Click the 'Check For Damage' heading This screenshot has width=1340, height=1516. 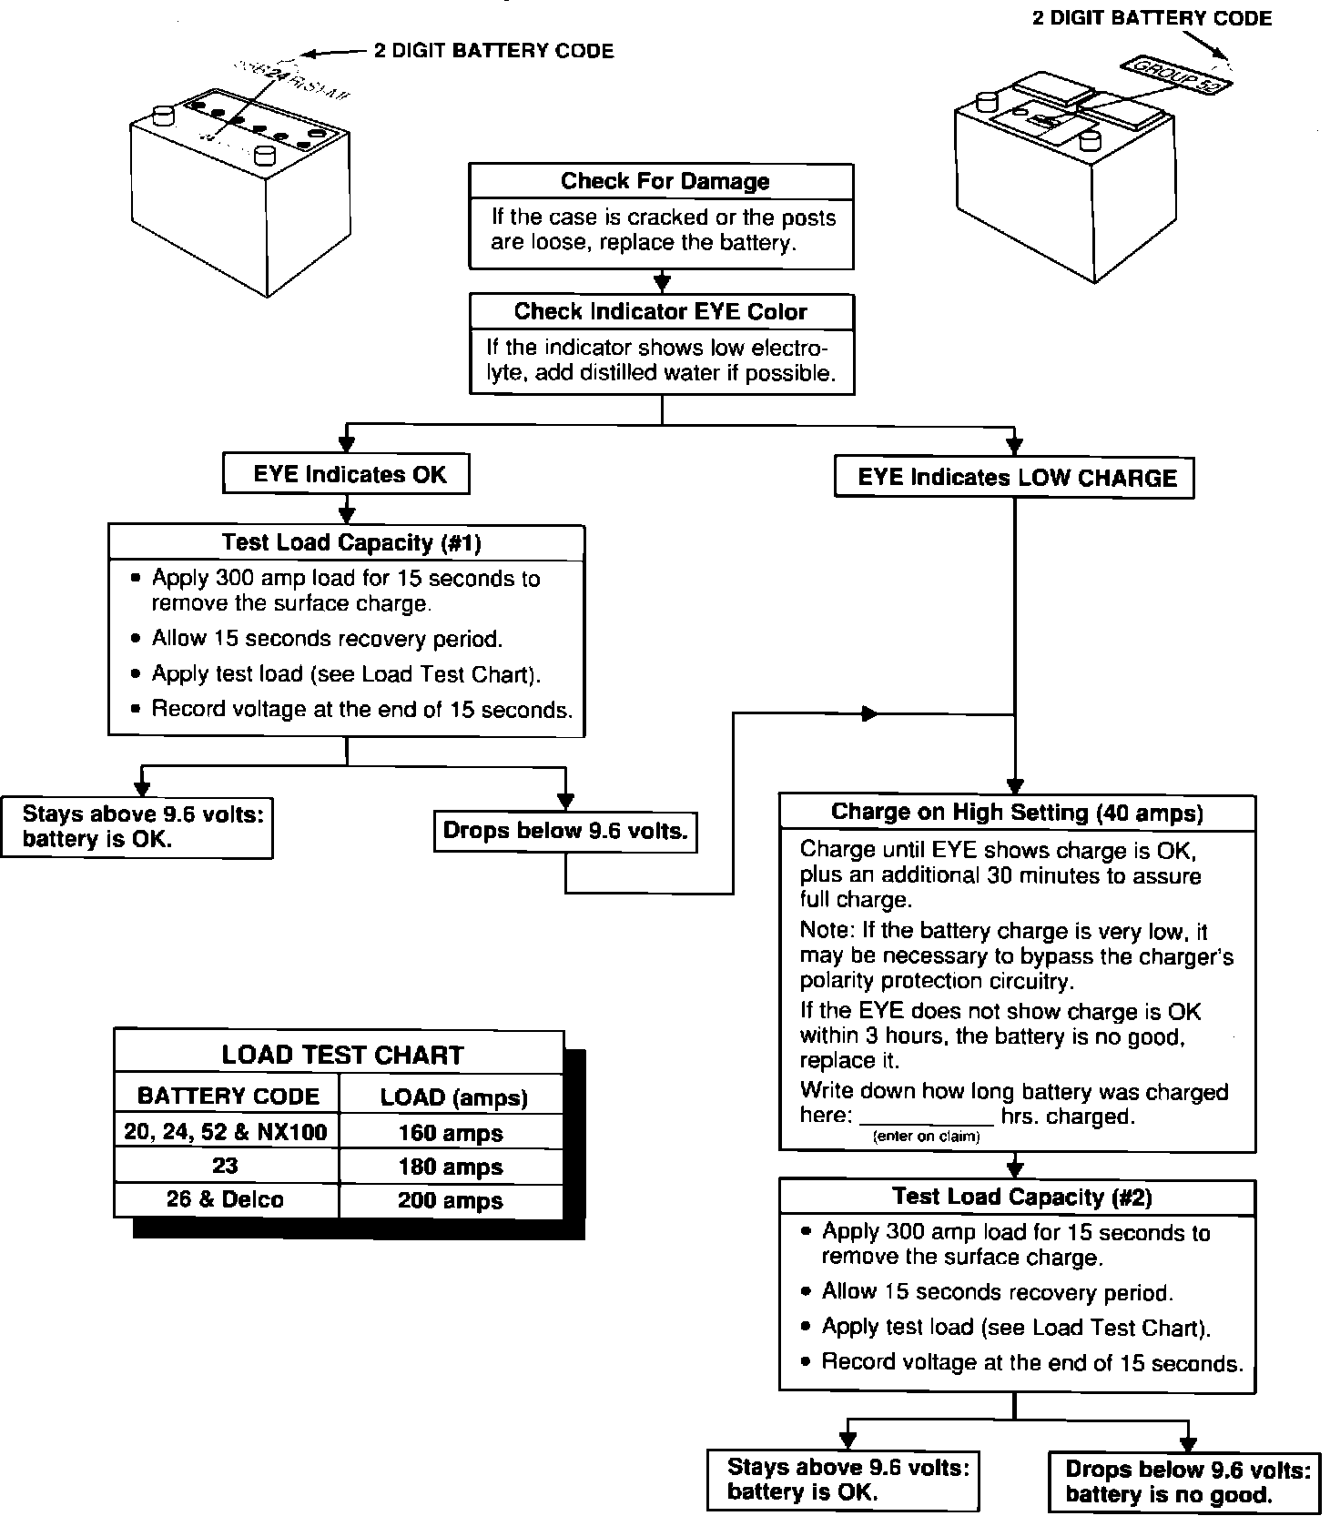(665, 181)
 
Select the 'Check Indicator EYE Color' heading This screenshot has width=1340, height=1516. (661, 312)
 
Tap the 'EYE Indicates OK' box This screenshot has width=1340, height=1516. (347, 474)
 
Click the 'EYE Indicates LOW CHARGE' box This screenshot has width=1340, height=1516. (1015, 478)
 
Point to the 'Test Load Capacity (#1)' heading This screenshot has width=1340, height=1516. (350, 543)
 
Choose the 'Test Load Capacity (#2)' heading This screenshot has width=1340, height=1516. (1021, 1198)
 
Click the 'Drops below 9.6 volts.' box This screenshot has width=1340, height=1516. (565, 831)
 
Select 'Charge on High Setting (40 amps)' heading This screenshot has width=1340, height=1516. (1017, 813)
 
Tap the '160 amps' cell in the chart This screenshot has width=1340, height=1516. (451, 1133)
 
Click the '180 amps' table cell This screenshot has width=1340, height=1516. (451, 1167)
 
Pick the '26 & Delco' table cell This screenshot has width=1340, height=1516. (225, 1200)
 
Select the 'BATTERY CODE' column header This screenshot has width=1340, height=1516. (228, 1097)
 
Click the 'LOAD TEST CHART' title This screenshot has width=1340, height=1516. (342, 1056)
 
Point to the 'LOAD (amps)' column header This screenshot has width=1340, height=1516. (453, 1097)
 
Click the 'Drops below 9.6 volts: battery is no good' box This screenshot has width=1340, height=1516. (1187, 1481)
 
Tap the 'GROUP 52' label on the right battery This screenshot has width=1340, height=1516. (1177, 77)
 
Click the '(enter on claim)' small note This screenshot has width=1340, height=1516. (927, 1137)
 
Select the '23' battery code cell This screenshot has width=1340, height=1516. (225, 1167)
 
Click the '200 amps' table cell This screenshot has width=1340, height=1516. (451, 1201)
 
